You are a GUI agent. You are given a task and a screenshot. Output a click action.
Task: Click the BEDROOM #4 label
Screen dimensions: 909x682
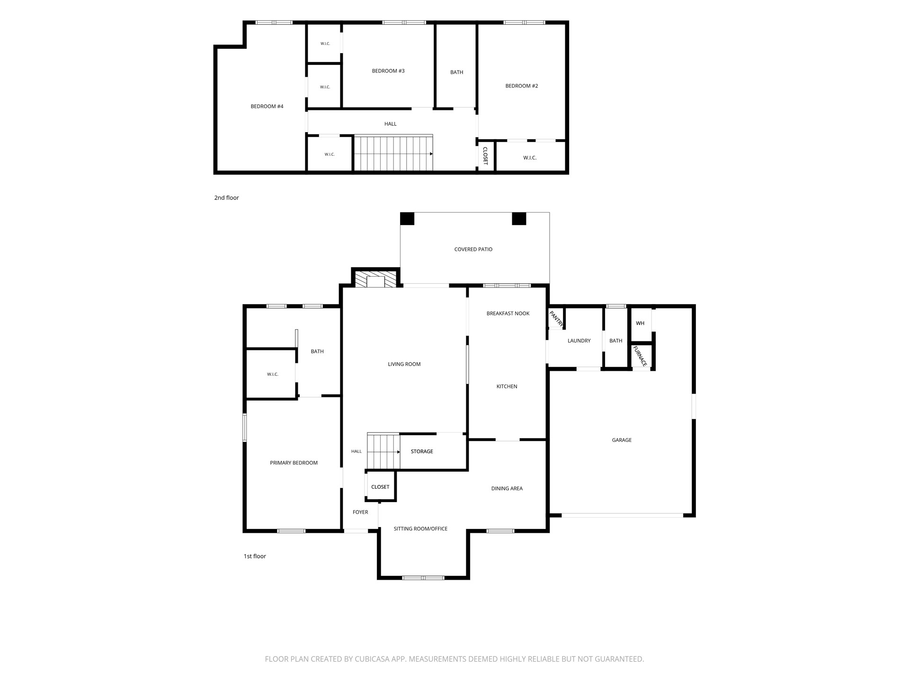pos(267,107)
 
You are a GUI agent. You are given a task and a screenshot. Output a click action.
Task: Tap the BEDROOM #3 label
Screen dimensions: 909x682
pos(388,71)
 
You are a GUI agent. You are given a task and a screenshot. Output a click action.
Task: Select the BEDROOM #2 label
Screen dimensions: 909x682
pos(522,86)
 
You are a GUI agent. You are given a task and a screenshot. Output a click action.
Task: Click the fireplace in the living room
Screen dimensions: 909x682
pos(376,279)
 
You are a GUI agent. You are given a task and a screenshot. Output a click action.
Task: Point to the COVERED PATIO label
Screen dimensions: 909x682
pos(473,250)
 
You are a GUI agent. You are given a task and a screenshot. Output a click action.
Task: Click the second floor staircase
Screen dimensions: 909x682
pos(393,153)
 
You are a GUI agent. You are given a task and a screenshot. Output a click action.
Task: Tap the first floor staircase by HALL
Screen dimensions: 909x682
pos(383,450)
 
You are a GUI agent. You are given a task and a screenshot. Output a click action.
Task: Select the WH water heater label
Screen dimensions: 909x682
pos(640,323)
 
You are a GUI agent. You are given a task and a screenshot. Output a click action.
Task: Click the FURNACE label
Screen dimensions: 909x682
pos(640,356)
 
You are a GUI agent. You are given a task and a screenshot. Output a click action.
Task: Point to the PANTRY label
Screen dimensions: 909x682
pos(556,319)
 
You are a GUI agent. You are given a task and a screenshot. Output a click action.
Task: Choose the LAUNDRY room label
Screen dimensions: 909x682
pos(579,341)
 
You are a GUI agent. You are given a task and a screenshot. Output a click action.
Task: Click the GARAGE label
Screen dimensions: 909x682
pos(622,440)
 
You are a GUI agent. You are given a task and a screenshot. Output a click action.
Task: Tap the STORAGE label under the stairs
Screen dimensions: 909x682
pos(422,452)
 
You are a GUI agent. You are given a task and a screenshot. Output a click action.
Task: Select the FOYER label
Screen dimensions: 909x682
pos(360,512)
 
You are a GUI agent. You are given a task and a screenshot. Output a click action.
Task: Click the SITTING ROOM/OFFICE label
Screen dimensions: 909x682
pos(420,529)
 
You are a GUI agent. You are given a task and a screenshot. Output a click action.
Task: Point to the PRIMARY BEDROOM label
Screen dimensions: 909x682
pos(294,463)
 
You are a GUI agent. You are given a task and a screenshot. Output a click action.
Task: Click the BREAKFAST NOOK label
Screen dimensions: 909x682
pos(508,314)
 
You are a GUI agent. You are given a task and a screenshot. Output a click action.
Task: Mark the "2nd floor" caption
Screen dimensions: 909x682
pos(226,198)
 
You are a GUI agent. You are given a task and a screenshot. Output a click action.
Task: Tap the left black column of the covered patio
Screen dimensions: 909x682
pos(407,219)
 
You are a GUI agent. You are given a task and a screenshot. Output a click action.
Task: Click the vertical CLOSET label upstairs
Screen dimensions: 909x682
pos(485,156)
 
